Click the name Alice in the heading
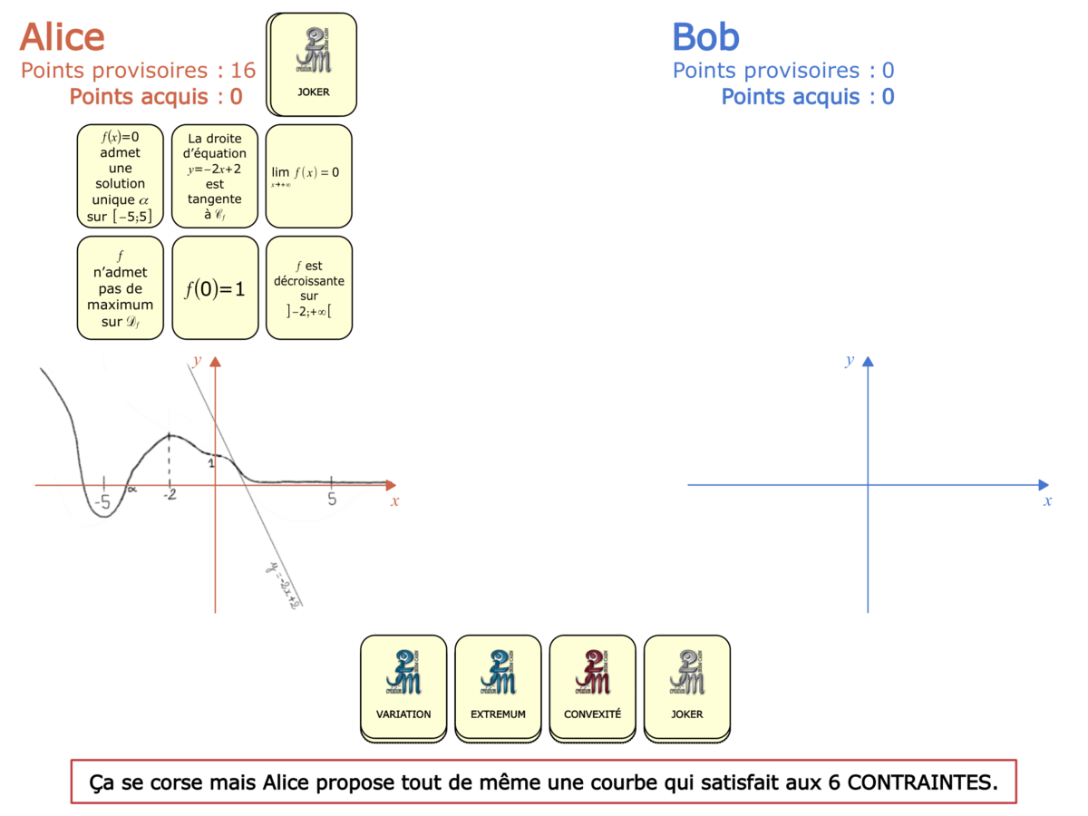coord(63,37)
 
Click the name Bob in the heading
coord(705,37)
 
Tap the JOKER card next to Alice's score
coord(313,63)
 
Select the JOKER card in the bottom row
coord(686,687)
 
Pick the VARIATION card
coord(403,687)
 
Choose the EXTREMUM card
coord(498,687)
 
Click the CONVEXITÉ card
coord(592,687)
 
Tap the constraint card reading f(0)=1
coord(215,289)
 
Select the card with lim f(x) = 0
coord(308,175)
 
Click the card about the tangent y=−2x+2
coord(215,175)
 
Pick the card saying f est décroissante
coord(308,289)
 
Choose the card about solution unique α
coord(121,175)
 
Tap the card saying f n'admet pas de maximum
coord(121,289)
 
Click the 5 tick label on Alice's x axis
coord(332,500)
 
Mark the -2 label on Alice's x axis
coord(169,496)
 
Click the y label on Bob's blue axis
coord(850,361)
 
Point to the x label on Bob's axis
coord(1047,500)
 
